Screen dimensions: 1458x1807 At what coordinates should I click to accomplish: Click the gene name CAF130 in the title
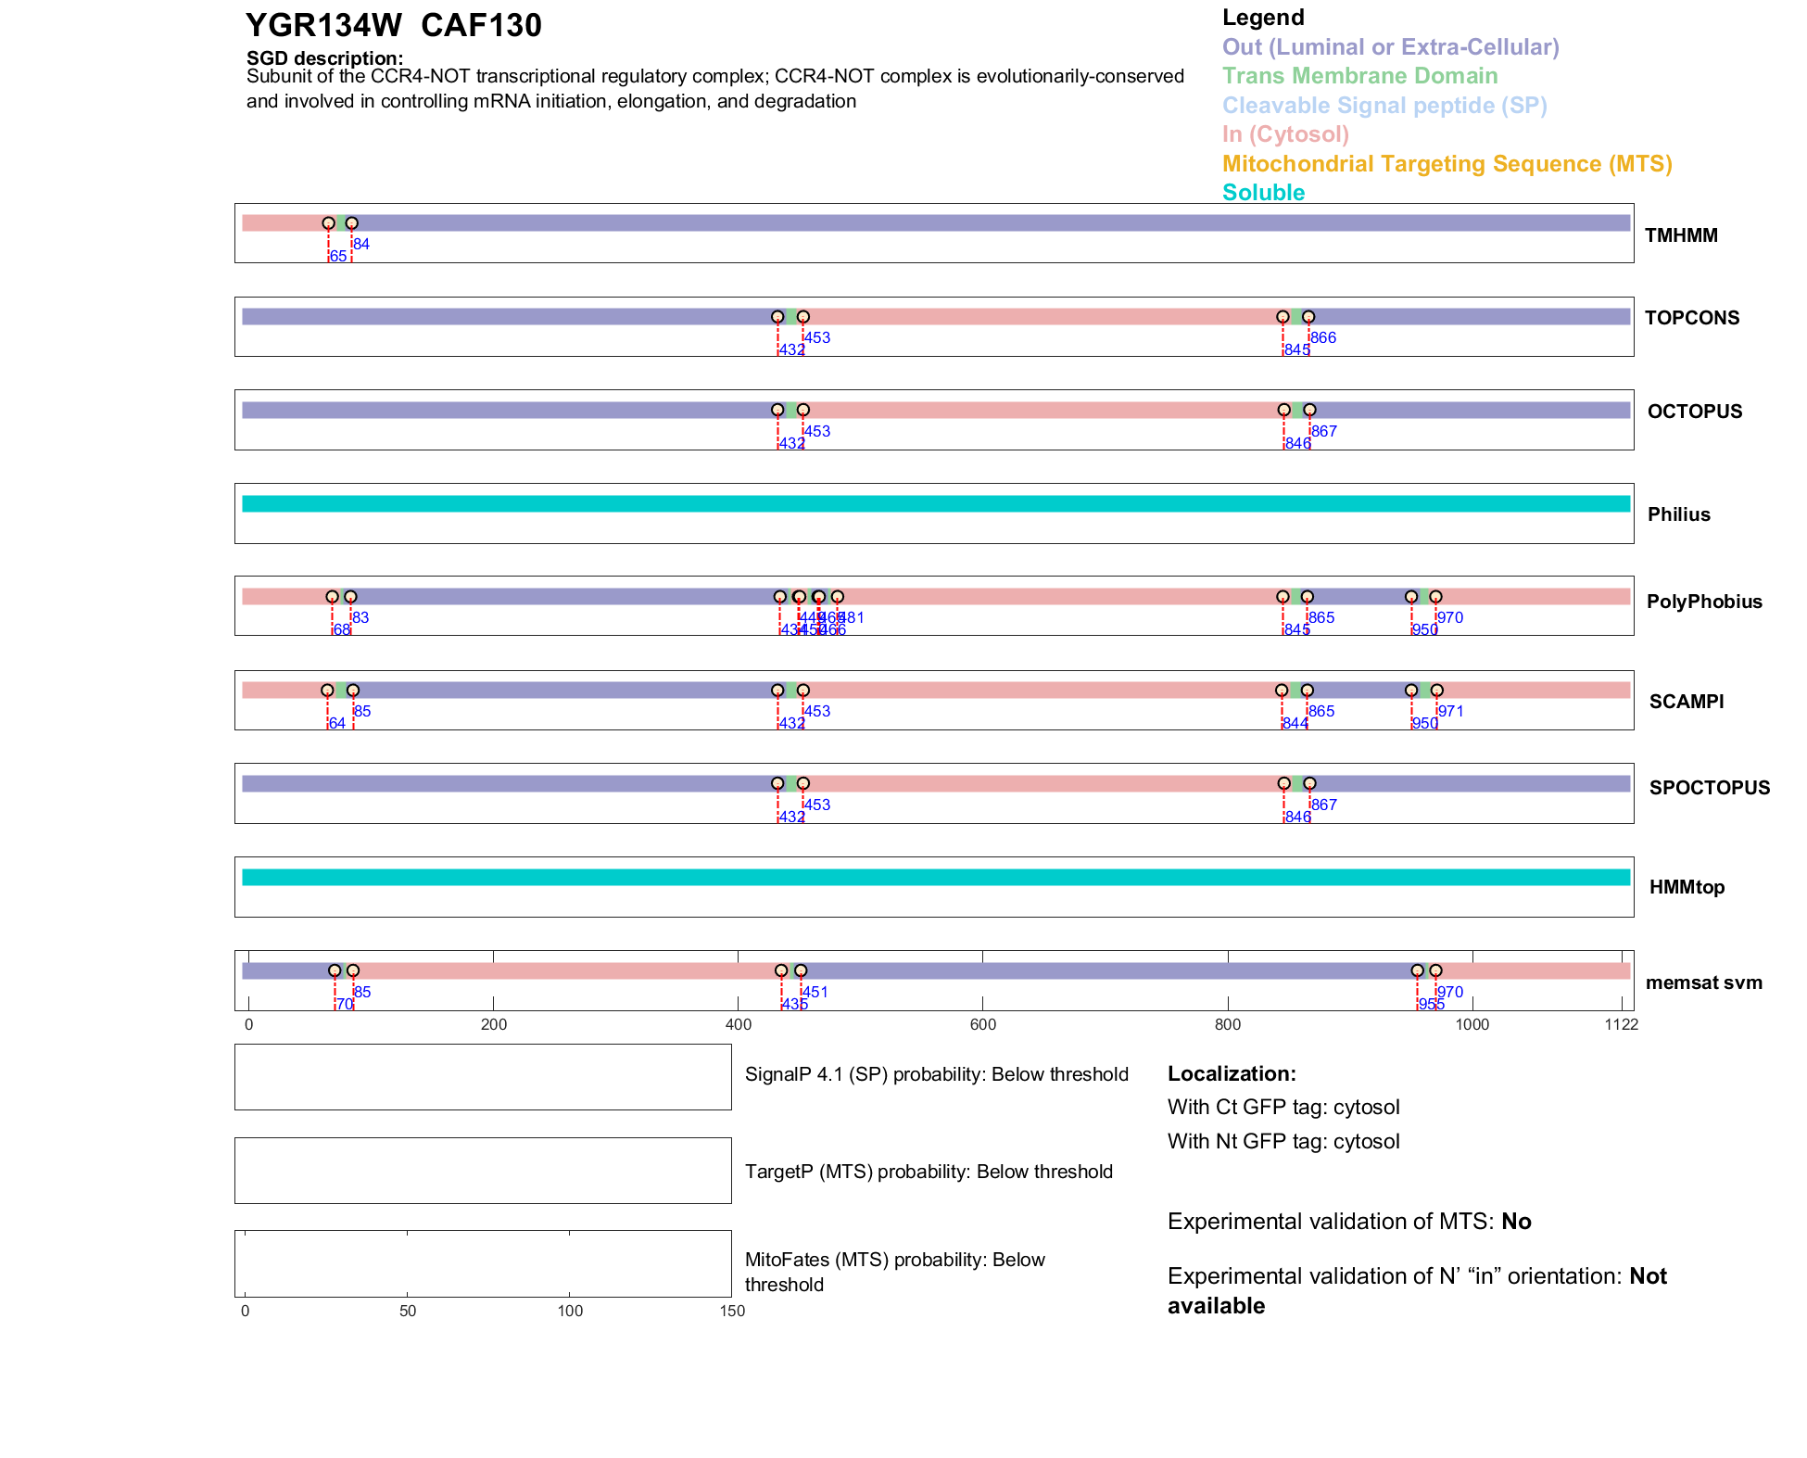point(481,26)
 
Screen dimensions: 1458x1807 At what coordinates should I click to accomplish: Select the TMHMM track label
point(1680,235)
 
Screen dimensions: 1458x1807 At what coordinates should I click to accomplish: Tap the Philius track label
point(1678,514)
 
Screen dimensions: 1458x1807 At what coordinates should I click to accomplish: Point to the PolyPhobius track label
point(1703,602)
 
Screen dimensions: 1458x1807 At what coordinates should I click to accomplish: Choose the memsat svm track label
point(1703,983)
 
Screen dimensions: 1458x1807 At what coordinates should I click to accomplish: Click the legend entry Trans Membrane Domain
point(1359,76)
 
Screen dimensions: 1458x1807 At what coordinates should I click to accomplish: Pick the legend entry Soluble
point(1263,193)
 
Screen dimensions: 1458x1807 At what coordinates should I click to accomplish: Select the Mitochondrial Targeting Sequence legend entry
point(1447,164)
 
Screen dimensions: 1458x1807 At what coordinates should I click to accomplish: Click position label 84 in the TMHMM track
point(361,245)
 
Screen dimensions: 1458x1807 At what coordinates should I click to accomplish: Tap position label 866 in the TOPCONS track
point(1323,338)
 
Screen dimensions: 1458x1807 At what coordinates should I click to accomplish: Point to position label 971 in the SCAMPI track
point(1450,712)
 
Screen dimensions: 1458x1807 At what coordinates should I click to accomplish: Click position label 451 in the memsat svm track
point(815,993)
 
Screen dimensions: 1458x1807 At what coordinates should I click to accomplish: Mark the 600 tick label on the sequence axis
point(982,1025)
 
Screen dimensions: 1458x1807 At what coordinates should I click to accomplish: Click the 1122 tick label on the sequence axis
point(1621,1025)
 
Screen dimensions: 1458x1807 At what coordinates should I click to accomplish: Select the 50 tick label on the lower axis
point(408,1312)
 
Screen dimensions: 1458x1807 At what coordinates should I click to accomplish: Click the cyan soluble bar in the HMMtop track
point(936,878)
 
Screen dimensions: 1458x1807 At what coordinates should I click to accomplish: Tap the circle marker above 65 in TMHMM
point(328,223)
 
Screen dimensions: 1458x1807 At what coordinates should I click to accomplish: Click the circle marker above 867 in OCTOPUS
point(1309,410)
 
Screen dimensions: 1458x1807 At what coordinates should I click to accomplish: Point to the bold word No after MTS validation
point(1516,1222)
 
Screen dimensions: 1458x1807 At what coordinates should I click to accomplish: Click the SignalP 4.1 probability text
point(936,1074)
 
